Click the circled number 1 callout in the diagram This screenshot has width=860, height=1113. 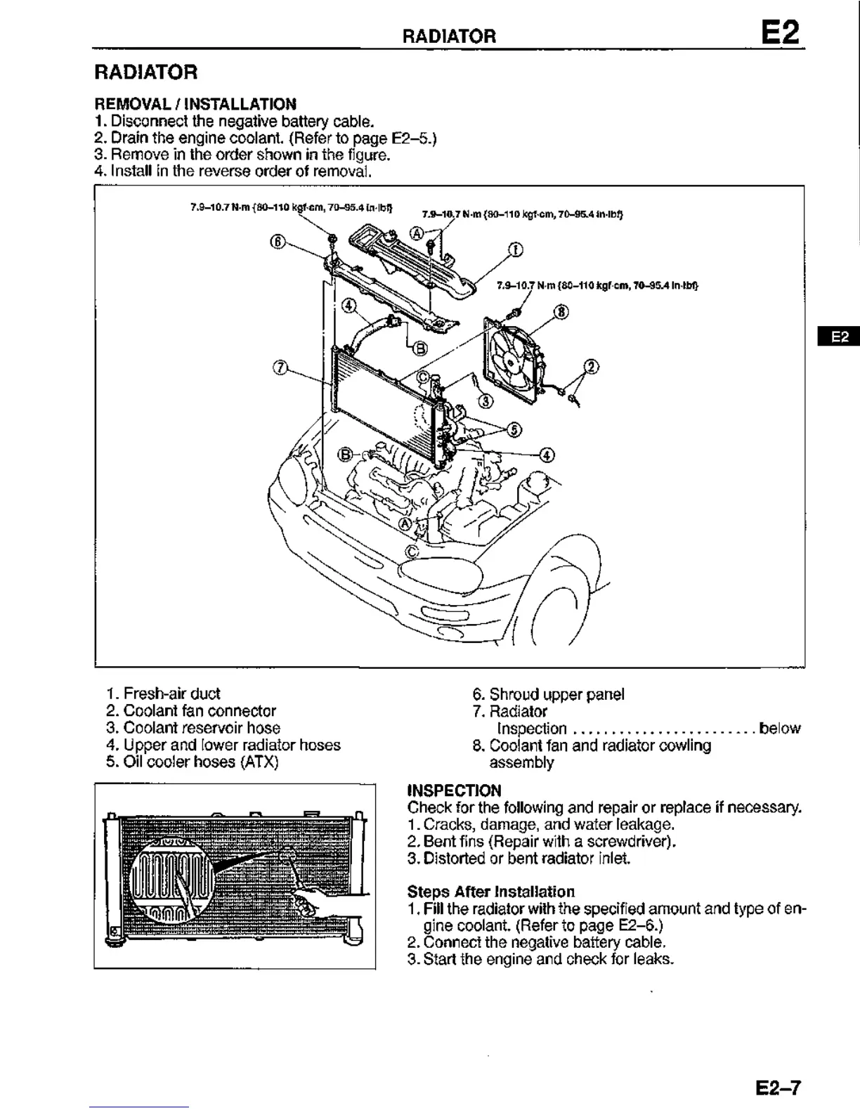tap(515, 249)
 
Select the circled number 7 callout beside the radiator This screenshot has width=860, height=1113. tap(280, 367)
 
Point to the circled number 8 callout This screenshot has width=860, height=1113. tap(561, 311)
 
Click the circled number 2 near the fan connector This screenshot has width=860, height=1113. tap(592, 366)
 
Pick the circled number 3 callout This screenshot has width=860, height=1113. tap(486, 401)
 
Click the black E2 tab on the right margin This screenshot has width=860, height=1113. tap(840, 337)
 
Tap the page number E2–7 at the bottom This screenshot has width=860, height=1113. tap(778, 1088)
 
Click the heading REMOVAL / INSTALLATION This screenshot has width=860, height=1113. tap(195, 104)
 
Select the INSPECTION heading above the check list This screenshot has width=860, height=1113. tap(454, 790)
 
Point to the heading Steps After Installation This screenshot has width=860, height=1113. tap(490, 892)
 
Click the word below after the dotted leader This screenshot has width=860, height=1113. tap(780, 728)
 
